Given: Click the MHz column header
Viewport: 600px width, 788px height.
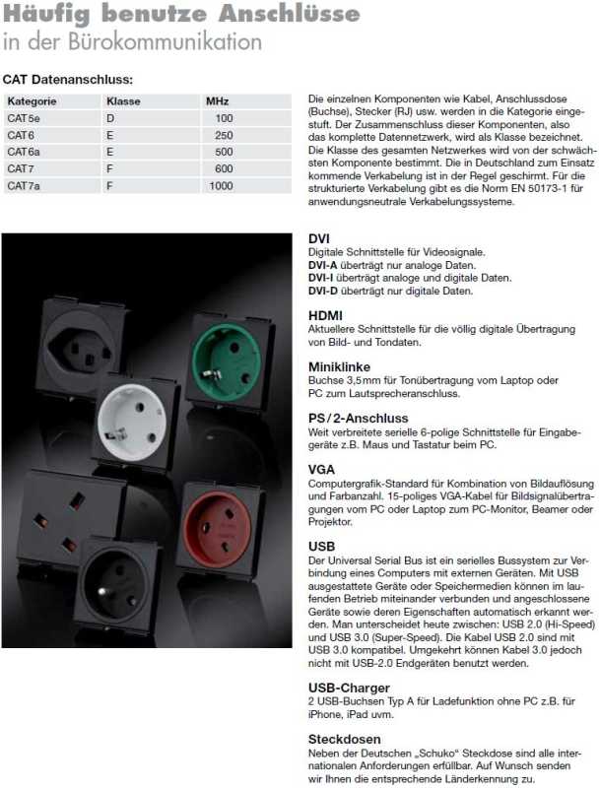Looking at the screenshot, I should point(217,101).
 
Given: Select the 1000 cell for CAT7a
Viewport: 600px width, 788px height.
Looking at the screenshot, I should point(221,185).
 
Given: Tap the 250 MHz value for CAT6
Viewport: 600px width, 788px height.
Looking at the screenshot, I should point(224,135).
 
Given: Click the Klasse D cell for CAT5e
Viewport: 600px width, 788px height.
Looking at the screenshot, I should point(110,118).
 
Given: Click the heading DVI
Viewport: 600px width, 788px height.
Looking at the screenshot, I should point(319,239).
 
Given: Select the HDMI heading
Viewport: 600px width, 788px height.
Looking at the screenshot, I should point(325,315).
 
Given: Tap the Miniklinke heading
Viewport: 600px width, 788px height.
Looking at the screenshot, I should point(338,366).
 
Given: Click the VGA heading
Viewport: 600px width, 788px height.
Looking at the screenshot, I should point(321,469).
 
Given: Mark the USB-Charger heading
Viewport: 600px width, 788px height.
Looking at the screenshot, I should point(349,687).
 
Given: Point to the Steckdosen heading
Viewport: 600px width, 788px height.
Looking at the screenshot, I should point(344,738).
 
